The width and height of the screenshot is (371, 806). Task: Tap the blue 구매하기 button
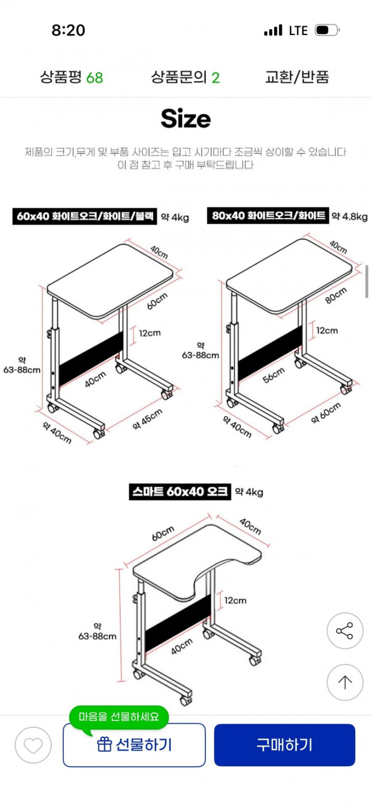pyautogui.click(x=284, y=745)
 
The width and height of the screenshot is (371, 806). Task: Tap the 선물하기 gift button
pyautogui.click(x=134, y=745)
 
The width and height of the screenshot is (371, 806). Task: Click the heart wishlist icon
pyautogui.click(x=33, y=745)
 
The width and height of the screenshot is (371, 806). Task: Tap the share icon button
pyautogui.click(x=345, y=631)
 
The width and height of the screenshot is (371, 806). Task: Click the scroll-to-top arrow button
pyautogui.click(x=345, y=682)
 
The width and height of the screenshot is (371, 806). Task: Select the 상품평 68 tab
pyautogui.click(x=72, y=77)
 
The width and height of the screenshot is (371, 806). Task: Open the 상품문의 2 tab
pyautogui.click(x=185, y=77)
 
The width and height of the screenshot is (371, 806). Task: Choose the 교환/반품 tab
pyautogui.click(x=297, y=77)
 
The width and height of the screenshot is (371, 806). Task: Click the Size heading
pyautogui.click(x=186, y=119)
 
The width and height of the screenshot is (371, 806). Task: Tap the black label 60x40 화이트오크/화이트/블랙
pyautogui.click(x=85, y=216)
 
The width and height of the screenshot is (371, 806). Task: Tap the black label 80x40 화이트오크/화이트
pyautogui.click(x=268, y=216)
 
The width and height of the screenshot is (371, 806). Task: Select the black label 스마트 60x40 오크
pyautogui.click(x=180, y=492)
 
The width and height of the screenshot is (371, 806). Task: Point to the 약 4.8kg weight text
pyautogui.click(x=350, y=216)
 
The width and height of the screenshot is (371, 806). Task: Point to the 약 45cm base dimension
pyautogui.click(x=148, y=420)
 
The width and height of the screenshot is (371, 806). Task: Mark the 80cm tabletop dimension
pyautogui.click(x=336, y=295)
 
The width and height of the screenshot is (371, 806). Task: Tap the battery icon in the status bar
pyautogui.click(x=327, y=30)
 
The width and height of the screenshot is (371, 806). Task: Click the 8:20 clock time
pyautogui.click(x=68, y=30)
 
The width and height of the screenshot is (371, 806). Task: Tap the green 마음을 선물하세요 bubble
pyautogui.click(x=119, y=716)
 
